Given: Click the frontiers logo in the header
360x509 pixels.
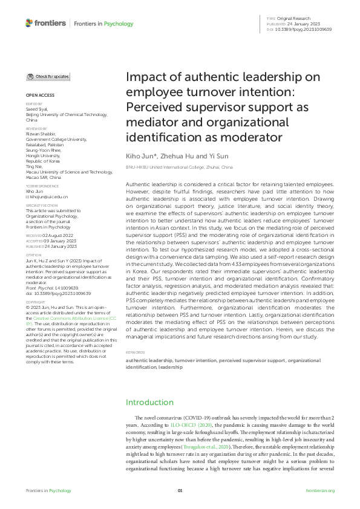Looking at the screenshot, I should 45,23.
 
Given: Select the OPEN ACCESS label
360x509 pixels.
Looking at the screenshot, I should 39,96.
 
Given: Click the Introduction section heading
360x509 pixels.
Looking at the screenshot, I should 149,403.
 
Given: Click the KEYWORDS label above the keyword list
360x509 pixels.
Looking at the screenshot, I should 135,352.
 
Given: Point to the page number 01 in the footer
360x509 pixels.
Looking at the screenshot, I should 180,491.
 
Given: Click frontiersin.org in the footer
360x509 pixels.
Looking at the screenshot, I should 320,491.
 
